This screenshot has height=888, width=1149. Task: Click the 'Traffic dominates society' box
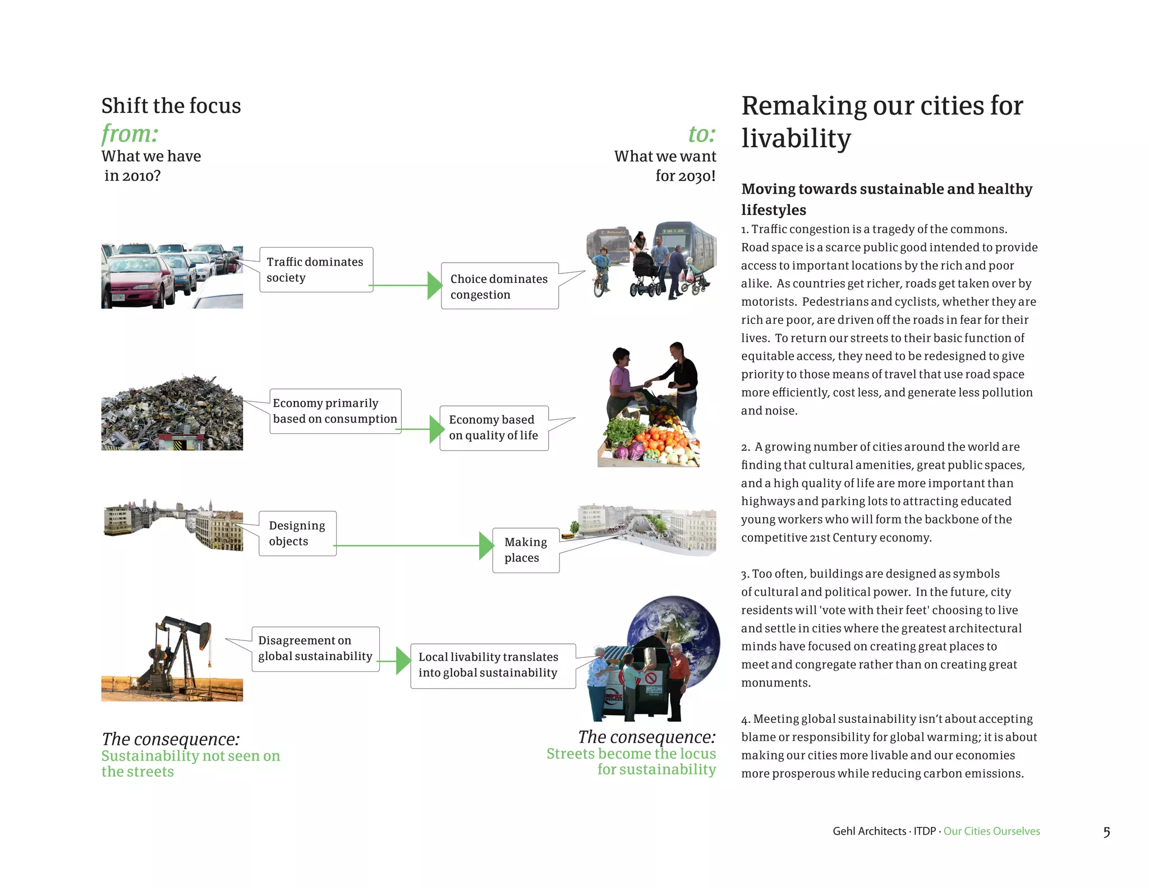pos(316,269)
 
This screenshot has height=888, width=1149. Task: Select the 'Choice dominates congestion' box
pos(499,286)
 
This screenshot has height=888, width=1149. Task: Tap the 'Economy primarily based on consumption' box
pos(335,411)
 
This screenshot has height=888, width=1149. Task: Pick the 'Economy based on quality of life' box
pos(494,428)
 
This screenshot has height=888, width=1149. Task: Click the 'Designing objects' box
pos(297,533)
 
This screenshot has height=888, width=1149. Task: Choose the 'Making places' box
pos(526,550)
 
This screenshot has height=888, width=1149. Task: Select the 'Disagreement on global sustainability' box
pos(315,648)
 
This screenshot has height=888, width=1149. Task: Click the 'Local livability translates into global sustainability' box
pos(488,665)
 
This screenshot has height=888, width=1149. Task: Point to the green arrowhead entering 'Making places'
pos(486,546)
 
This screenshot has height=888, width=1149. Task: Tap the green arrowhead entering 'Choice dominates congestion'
pos(434,285)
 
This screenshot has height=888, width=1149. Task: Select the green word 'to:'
pos(702,134)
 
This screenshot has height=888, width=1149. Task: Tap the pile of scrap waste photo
pos(172,414)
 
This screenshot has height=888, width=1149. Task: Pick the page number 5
pos(1106,832)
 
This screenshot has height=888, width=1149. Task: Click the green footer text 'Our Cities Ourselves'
pos(991,831)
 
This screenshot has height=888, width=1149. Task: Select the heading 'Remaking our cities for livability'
pos(882,122)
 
